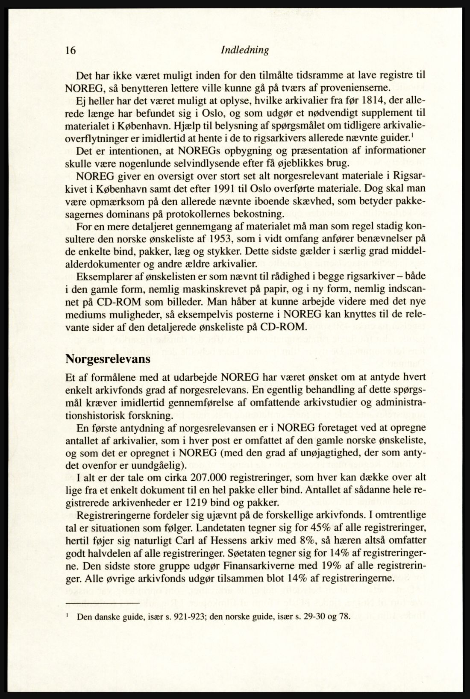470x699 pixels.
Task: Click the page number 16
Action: pos(71,50)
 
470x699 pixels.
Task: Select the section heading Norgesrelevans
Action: pos(108,359)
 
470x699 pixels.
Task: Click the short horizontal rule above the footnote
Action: pos(103,603)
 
